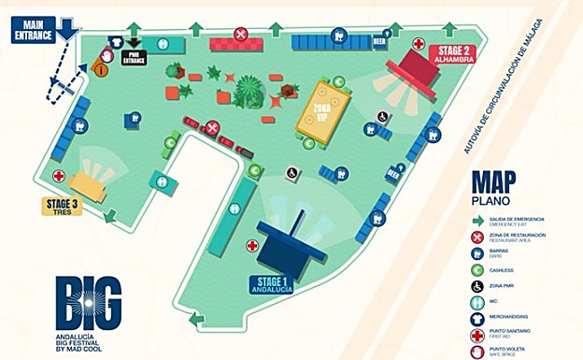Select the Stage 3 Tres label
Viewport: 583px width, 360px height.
62,206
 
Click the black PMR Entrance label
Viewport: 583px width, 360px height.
135,59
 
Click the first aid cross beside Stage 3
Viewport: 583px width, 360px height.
59,176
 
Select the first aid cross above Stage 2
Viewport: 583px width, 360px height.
418,44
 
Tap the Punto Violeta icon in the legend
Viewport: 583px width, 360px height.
479,351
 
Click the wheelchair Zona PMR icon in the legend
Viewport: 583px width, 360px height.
479,284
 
